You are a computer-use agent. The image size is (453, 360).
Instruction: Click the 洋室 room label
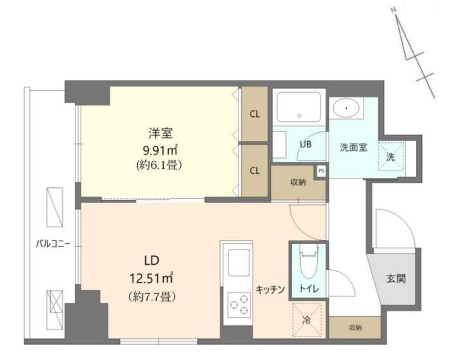(x=161, y=133)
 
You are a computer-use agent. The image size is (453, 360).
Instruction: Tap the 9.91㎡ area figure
(x=160, y=150)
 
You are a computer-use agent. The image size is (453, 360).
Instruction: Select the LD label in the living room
(x=152, y=260)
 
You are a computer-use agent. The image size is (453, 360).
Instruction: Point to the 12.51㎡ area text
(x=152, y=279)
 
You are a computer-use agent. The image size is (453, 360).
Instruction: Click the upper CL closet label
(x=254, y=114)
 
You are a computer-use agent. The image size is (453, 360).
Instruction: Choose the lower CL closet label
(x=254, y=171)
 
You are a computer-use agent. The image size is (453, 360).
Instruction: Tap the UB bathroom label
(x=305, y=143)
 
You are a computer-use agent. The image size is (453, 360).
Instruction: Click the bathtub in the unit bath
(x=299, y=107)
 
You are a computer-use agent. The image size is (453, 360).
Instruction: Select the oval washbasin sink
(x=346, y=109)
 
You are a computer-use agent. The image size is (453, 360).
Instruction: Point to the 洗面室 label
(x=353, y=148)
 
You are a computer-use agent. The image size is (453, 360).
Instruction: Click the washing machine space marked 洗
(x=391, y=156)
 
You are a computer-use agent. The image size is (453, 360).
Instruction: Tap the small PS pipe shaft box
(x=321, y=171)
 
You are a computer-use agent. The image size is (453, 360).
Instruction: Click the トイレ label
(x=309, y=289)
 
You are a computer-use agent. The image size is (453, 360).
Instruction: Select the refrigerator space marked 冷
(x=307, y=320)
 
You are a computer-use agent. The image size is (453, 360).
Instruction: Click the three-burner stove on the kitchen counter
(x=239, y=305)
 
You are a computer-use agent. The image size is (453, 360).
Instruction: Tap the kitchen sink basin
(x=239, y=263)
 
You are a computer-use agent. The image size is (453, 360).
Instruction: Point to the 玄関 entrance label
(x=396, y=279)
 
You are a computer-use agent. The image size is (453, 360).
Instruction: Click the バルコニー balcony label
(x=53, y=244)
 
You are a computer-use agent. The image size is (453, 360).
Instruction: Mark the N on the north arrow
(x=393, y=10)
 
